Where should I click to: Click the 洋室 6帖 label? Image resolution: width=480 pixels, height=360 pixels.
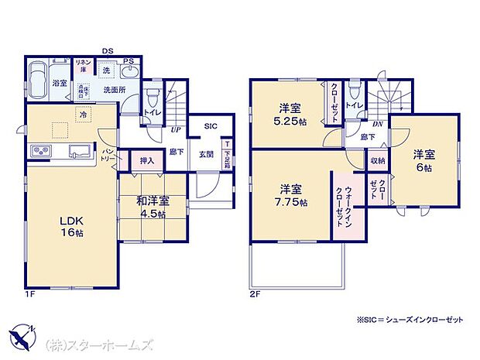423,160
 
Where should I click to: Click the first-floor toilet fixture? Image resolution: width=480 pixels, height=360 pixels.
153,98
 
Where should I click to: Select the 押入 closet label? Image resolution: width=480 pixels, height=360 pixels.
146,161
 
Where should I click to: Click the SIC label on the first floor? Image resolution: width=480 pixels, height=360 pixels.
211,125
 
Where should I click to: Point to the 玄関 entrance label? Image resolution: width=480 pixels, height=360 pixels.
206,153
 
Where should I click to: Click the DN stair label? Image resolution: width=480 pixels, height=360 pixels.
377,124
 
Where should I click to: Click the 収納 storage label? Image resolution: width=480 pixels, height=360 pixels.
377,161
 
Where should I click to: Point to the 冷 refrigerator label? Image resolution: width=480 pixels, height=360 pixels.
82,115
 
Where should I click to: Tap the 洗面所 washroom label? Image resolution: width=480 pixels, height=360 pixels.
116,90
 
